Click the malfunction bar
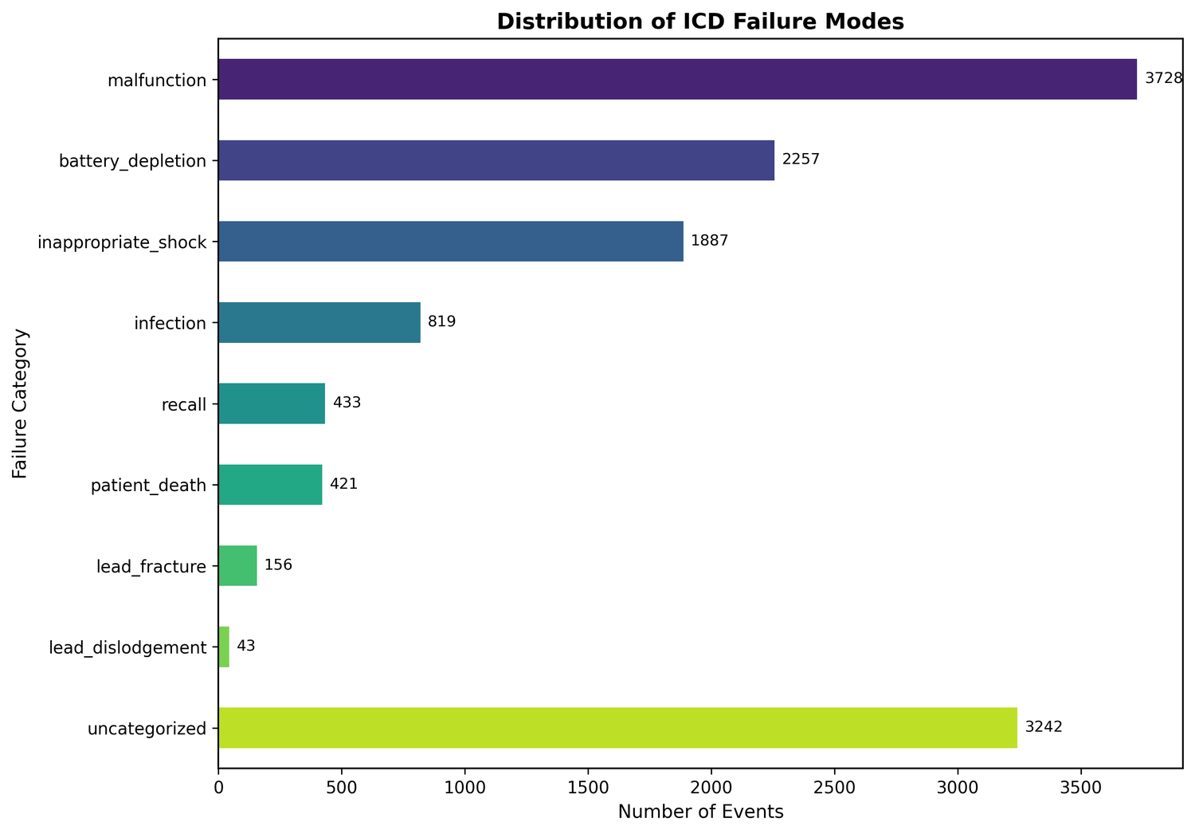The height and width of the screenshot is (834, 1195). pos(677,79)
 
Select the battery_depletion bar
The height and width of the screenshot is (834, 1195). pos(496,160)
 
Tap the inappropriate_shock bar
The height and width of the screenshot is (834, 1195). pos(450,241)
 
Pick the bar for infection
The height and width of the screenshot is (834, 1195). pos(319,322)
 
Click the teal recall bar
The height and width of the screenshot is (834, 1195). pos(271,403)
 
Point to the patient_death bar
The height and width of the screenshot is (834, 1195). pos(269,484)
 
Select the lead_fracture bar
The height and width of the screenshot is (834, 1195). pos(237,565)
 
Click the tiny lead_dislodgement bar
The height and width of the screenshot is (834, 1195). pos(224,647)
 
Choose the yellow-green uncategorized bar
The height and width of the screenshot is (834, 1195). pos(617,727)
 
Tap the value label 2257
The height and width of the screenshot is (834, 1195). pos(801,160)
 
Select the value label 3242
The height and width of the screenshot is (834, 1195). pos(1044,727)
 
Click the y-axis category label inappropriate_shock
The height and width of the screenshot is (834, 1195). pos(122,242)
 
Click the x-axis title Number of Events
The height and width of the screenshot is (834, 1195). pos(700,812)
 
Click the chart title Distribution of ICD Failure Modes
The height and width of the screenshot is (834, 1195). pos(700,22)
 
